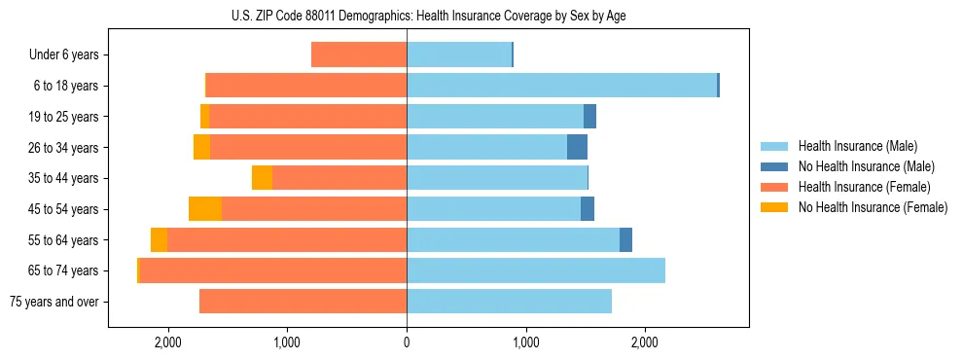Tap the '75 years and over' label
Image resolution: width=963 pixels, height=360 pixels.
coord(53,302)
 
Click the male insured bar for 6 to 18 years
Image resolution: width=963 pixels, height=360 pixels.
coord(561,86)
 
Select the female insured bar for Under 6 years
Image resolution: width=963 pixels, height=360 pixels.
coord(359,55)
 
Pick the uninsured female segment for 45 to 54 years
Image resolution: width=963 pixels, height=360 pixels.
coord(205,209)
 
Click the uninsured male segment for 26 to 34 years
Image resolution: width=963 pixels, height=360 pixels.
coord(577,148)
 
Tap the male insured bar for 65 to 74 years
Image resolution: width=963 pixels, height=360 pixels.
coord(535,270)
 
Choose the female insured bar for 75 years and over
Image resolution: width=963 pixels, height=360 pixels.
coord(303,302)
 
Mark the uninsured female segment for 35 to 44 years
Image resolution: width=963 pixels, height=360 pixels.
coord(262,178)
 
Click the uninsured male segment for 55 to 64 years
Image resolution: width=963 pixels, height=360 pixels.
coord(625,239)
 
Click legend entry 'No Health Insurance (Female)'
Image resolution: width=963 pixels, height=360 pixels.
coord(873,206)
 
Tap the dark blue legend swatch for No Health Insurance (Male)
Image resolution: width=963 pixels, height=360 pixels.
coord(774,166)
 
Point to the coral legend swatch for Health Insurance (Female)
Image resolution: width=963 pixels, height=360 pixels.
coord(774,187)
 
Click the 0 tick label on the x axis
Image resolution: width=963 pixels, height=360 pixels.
coord(407,342)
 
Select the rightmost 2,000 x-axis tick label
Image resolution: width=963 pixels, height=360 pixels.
coord(645,342)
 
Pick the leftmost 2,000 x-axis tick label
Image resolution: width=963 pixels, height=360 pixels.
coord(167,342)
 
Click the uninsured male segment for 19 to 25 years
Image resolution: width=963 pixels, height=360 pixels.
coord(589,117)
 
